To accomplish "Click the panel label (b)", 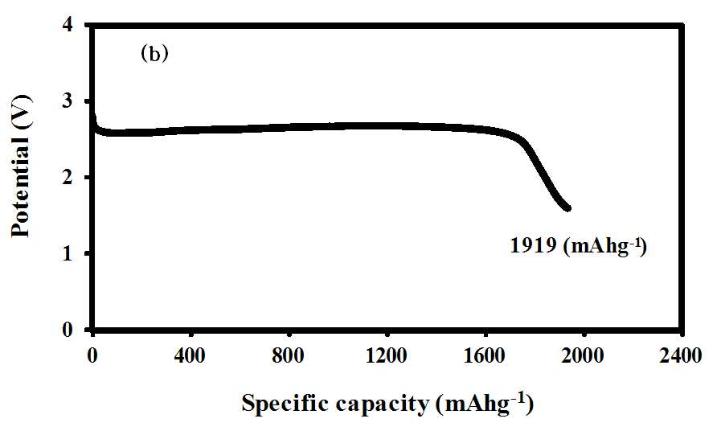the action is (154, 55).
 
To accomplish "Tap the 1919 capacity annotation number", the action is (533, 246).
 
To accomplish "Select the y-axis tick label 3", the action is (68, 101).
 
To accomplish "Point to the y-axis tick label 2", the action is (68, 177).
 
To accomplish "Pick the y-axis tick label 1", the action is (68, 253).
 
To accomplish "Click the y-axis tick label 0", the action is (68, 330).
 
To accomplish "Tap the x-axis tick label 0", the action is (92, 355).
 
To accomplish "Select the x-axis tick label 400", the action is (191, 355).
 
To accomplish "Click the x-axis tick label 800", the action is (288, 355).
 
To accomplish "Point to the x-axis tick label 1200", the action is (387, 355).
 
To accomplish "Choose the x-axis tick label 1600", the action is (484, 355).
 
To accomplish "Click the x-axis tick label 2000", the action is (583, 355).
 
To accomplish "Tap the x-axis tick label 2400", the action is (680, 355).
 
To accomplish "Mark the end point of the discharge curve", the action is (568, 208).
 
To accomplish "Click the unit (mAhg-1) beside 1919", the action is (604, 247).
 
